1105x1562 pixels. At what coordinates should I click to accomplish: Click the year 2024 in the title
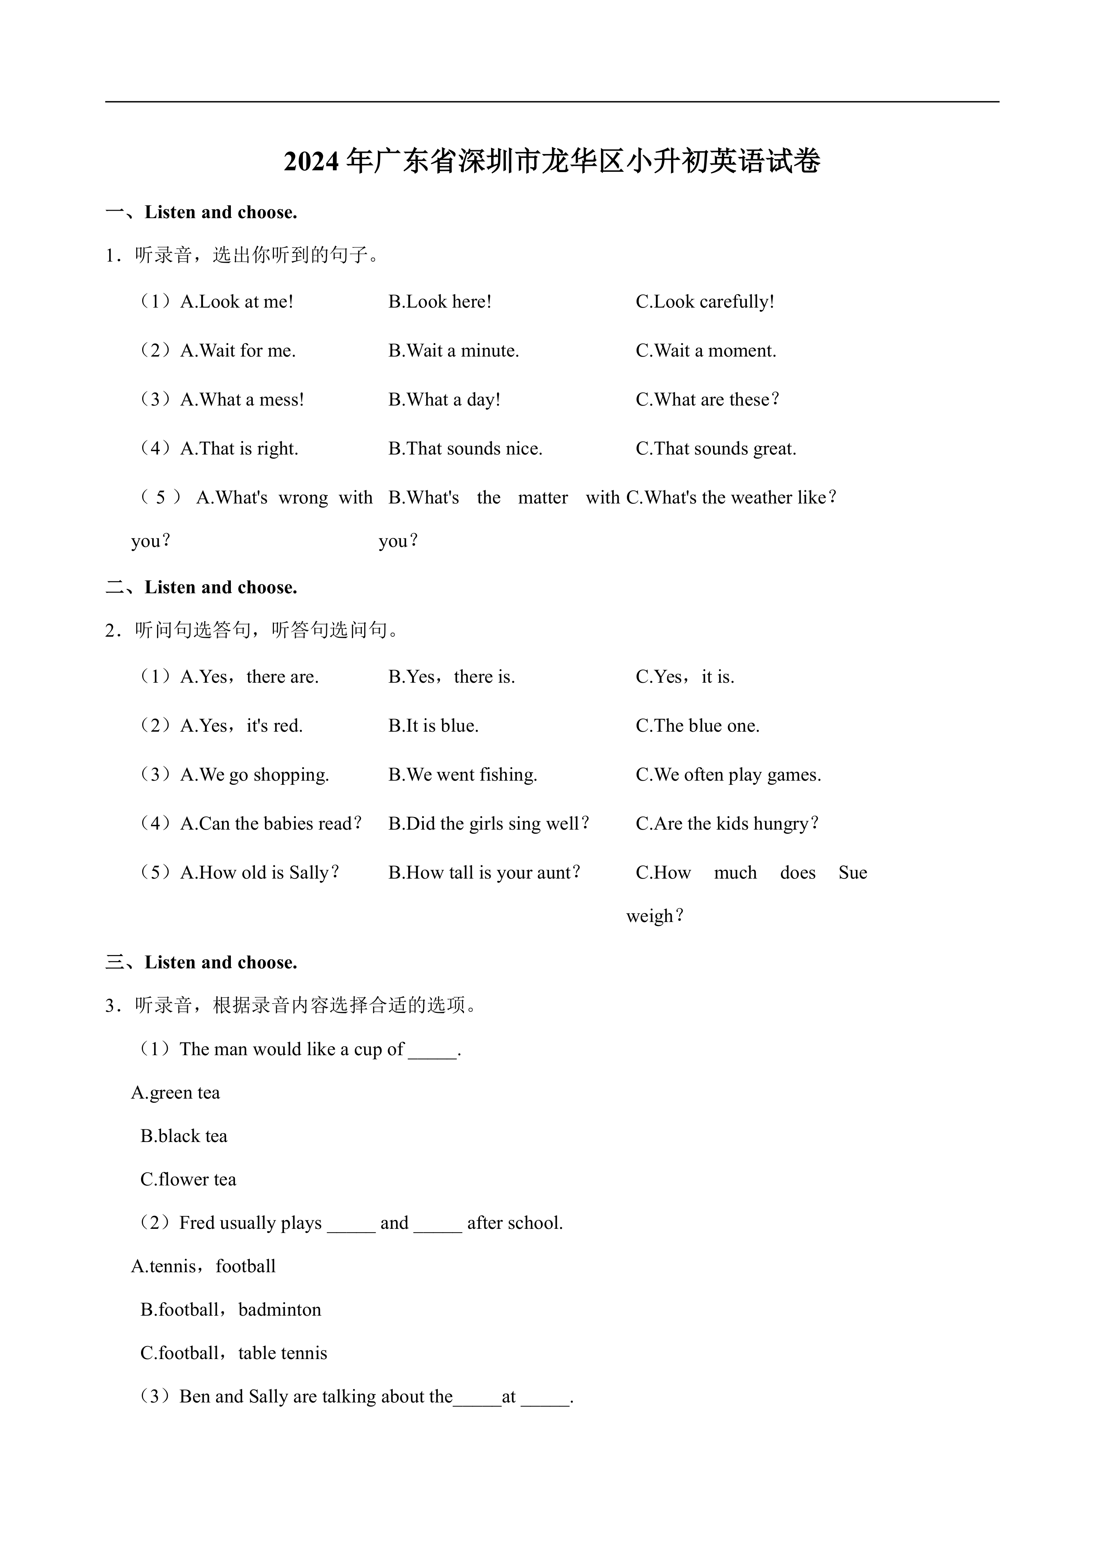coord(311,162)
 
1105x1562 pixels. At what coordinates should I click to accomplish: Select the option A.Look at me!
coord(237,302)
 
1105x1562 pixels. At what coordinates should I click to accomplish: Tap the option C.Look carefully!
coord(705,302)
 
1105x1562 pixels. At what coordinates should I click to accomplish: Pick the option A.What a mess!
coord(242,400)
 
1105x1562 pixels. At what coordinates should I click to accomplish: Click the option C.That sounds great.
coord(716,449)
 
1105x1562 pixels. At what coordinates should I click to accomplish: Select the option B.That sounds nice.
coord(465,449)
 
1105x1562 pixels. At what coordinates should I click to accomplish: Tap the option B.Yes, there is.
coord(452,677)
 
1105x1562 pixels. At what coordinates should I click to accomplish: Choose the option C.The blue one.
coord(697,726)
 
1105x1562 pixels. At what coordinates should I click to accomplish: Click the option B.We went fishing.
coord(463,775)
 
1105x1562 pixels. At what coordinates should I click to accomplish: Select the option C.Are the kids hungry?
coord(727,824)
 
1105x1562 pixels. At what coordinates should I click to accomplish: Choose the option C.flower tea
coord(188,1180)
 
